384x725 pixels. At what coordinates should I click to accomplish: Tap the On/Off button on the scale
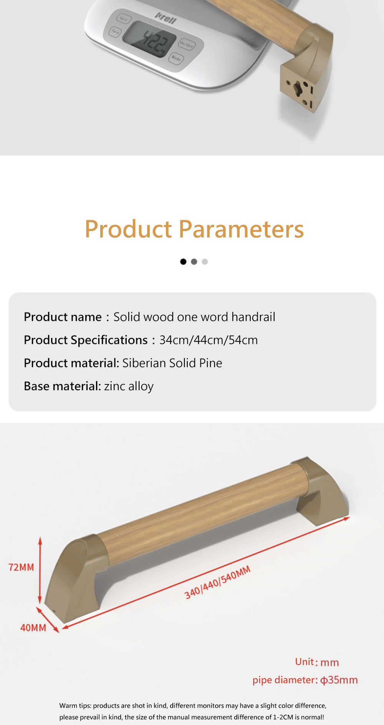[187, 45]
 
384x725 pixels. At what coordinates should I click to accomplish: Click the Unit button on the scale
[124, 18]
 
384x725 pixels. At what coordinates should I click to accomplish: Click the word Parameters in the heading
[242, 229]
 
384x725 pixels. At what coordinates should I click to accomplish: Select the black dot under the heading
[183, 262]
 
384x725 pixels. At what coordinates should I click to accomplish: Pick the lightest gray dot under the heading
[205, 262]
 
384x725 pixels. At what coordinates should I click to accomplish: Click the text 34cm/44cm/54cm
[209, 340]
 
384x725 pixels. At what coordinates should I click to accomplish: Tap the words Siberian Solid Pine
[172, 363]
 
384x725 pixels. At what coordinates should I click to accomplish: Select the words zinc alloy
[129, 386]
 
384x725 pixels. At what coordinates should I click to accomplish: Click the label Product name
[63, 317]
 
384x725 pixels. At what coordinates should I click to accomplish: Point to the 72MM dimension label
[21, 567]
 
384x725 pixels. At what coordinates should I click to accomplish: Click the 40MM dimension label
[33, 628]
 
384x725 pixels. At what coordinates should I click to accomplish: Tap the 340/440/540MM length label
[217, 582]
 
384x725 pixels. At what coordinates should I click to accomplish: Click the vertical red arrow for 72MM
[40, 571]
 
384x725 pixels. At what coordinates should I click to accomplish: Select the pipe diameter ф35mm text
[305, 680]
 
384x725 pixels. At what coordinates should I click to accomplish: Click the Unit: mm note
[317, 662]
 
